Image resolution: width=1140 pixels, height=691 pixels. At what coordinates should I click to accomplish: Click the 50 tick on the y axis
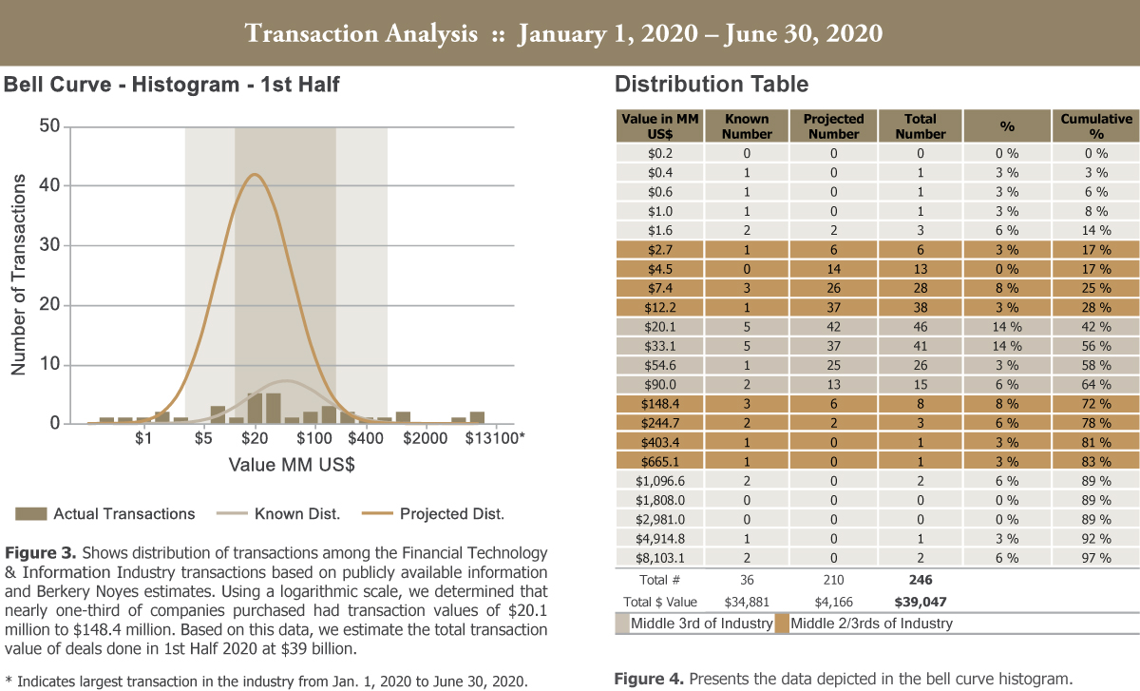click(x=49, y=126)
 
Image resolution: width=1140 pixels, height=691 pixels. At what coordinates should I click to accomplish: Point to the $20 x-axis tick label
click(x=254, y=438)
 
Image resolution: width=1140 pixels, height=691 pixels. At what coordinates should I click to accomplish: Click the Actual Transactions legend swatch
click(x=30, y=514)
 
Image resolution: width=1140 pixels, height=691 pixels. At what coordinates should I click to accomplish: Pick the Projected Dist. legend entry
click(x=451, y=514)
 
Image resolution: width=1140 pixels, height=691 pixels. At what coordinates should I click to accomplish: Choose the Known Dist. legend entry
click(x=296, y=514)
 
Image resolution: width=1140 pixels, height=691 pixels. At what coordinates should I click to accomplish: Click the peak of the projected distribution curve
click(x=253, y=175)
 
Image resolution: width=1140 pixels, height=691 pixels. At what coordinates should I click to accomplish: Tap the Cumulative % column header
click(x=1096, y=126)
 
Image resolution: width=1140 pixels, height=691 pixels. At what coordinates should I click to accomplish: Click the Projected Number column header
click(x=833, y=126)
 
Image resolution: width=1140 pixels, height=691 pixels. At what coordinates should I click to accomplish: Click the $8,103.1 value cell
click(x=659, y=558)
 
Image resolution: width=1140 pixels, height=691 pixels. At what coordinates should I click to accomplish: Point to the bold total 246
click(x=921, y=580)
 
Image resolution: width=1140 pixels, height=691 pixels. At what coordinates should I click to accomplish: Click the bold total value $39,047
click(x=921, y=602)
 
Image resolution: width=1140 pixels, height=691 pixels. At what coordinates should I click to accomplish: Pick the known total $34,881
click(x=746, y=602)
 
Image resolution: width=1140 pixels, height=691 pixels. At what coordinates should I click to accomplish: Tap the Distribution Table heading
click(x=712, y=85)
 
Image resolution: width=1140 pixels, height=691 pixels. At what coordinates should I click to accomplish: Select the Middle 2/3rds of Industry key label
click(x=870, y=624)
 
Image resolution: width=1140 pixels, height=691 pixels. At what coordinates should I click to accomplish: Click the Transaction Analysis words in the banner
click(x=361, y=34)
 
